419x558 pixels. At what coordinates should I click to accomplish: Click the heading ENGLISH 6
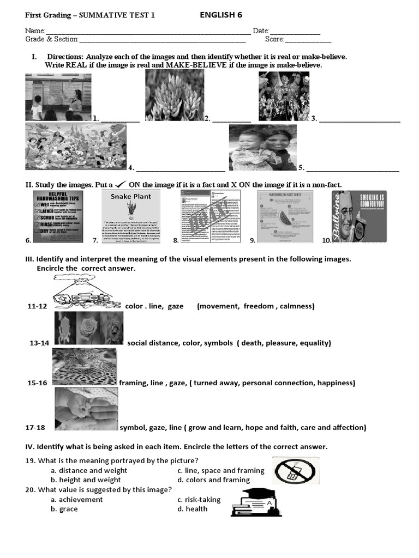(x=221, y=15)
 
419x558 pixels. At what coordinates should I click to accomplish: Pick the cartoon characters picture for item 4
(x=76, y=147)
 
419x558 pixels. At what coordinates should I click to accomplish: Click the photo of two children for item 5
(x=262, y=148)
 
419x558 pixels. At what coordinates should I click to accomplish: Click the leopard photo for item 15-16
(x=85, y=366)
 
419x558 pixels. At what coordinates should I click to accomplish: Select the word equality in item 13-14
(x=314, y=343)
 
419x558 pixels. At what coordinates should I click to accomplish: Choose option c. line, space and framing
(x=220, y=470)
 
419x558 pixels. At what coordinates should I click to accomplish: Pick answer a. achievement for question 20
(x=76, y=499)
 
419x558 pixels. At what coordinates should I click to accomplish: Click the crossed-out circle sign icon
(x=296, y=471)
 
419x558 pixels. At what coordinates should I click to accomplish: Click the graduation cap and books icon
(x=255, y=502)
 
